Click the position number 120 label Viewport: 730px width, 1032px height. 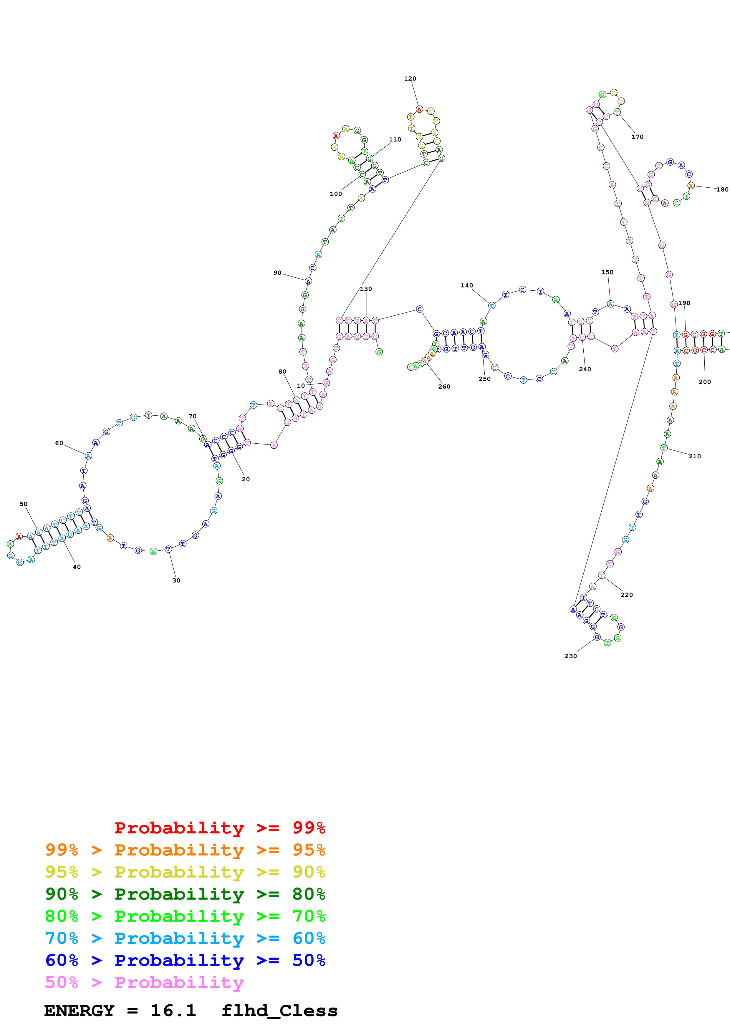point(410,79)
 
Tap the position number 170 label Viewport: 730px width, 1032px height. point(637,137)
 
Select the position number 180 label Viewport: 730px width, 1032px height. point(722,189)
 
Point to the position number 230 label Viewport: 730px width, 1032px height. point(570,656)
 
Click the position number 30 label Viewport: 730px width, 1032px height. point(176,580)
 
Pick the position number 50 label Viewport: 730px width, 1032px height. point(23,504)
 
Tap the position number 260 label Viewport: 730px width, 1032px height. point(444,387)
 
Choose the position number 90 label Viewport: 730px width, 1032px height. point(277,273)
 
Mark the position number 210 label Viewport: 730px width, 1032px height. point(694,456)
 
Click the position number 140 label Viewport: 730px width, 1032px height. point(466,285)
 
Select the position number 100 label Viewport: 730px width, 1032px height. point(335,194)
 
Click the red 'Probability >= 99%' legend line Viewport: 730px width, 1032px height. point(219,828)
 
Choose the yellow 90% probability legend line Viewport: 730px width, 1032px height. point(185,872)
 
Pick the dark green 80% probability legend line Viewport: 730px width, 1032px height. point(185,894)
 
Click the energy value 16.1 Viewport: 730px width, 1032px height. point(173,1011)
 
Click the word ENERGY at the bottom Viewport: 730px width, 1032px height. point(79,1011)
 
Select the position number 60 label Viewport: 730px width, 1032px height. point(59,443)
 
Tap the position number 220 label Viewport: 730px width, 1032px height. point(627,595)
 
